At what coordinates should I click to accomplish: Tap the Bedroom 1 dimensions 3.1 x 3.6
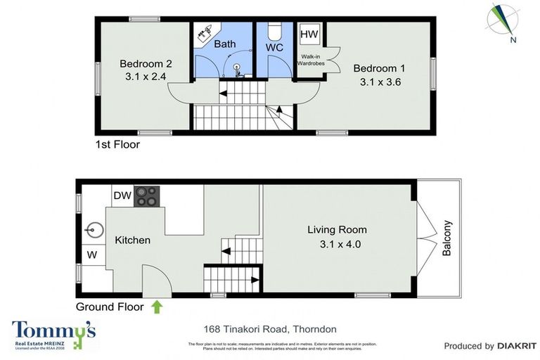tap(379, 82)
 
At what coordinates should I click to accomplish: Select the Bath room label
tap(225, 44)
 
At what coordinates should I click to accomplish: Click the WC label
tap(274, 48)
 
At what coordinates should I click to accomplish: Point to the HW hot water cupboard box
tap(309, 34)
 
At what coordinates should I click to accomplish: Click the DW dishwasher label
tap(122, 195)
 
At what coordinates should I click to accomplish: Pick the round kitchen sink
tap(94, 229)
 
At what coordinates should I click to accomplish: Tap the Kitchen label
tap(133, 240)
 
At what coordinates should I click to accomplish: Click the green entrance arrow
tap(156, 307)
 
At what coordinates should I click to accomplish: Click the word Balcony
tap(446, 239)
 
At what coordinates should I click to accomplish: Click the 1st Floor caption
tap(117, 146)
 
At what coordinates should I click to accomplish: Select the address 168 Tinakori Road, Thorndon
tap(270, 329)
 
